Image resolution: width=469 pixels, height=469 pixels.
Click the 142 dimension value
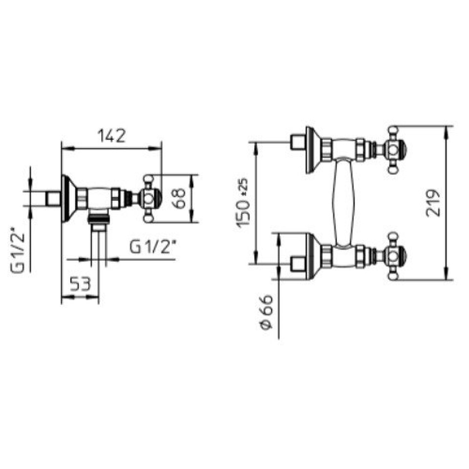click(111, 136)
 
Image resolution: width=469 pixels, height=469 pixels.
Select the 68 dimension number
click(179, 198)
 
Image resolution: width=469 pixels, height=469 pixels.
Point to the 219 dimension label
click(433, 203)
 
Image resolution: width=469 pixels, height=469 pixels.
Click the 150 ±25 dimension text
click(243, 203)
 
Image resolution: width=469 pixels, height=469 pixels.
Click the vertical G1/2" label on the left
click(18, 251)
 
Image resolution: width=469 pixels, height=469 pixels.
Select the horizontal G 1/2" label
click(152, 247)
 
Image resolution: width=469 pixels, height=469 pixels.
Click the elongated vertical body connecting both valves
click(344, 203)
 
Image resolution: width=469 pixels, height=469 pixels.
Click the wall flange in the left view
click(68, 199)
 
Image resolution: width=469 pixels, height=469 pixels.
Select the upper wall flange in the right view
click(313, 149)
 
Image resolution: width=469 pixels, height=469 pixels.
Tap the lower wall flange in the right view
click(313, 256)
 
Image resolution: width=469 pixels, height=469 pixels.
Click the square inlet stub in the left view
click(53, 199)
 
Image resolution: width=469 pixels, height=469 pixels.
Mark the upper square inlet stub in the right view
click(298, 142)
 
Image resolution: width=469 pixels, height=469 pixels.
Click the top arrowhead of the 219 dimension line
click(447, 132)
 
